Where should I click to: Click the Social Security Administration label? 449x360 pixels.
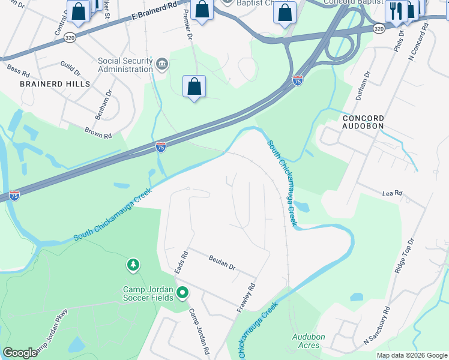[125, 65]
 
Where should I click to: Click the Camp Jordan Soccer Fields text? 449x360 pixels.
[148, 293]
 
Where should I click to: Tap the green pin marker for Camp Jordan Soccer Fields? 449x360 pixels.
[182, 293]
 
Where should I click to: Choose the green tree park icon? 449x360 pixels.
[133, 265]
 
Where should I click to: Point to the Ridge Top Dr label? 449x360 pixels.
[405, 256]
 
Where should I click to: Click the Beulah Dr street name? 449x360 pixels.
[222, 262]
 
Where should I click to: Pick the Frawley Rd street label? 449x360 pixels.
[247, 297]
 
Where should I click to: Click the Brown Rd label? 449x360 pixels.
[98, 132]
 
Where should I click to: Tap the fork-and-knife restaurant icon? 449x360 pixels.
[396, 11]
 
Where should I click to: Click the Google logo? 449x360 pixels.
[20, 353]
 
